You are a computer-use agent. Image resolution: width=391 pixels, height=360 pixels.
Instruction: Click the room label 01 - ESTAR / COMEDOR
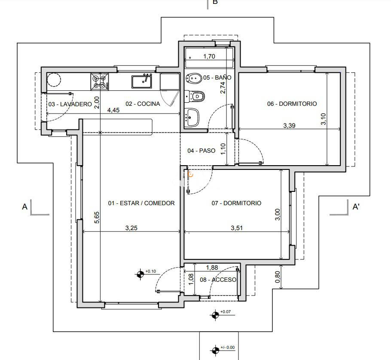click(x=141, y=203)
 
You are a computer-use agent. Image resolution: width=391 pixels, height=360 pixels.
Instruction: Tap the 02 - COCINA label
click(x=143, y=104)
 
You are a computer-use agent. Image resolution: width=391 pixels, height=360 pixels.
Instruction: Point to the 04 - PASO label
click(x=201, y=151)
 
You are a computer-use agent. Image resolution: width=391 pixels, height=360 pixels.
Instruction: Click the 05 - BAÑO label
click(x=217, y=78)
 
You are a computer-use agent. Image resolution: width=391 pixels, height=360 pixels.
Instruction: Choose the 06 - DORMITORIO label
click(x=292, y=104)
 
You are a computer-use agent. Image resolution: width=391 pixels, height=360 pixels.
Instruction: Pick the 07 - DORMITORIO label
click(x=236, y=203)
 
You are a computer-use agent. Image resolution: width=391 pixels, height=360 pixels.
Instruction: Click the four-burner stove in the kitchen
click(x=99, y=81)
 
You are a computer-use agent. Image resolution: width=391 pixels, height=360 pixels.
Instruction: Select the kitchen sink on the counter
click(x=142, y=81)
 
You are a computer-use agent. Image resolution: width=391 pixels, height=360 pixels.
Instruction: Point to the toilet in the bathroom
click(x=196, y=96)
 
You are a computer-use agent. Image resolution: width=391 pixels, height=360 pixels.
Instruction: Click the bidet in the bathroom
click(x=194, y=78)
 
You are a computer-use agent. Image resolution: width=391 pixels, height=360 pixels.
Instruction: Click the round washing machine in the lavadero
click(x=54, y=80)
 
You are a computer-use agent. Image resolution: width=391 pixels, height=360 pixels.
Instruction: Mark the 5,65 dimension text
click(x=97, y=218)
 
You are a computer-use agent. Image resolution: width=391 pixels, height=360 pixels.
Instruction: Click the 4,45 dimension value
click(x=113, y=110)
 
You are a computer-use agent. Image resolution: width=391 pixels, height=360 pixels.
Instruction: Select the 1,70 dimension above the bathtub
click(x=209, y=56)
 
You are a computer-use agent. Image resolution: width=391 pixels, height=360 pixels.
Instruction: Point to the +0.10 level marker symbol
click(x=140, y=274)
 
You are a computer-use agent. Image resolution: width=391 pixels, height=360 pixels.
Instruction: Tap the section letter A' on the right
click(x=356, y=207)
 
